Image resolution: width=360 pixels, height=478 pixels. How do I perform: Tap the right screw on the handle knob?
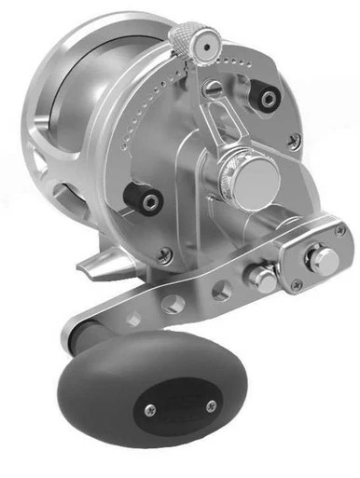tap(212, 404)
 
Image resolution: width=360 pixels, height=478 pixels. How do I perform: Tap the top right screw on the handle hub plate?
tap(339, 228)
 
